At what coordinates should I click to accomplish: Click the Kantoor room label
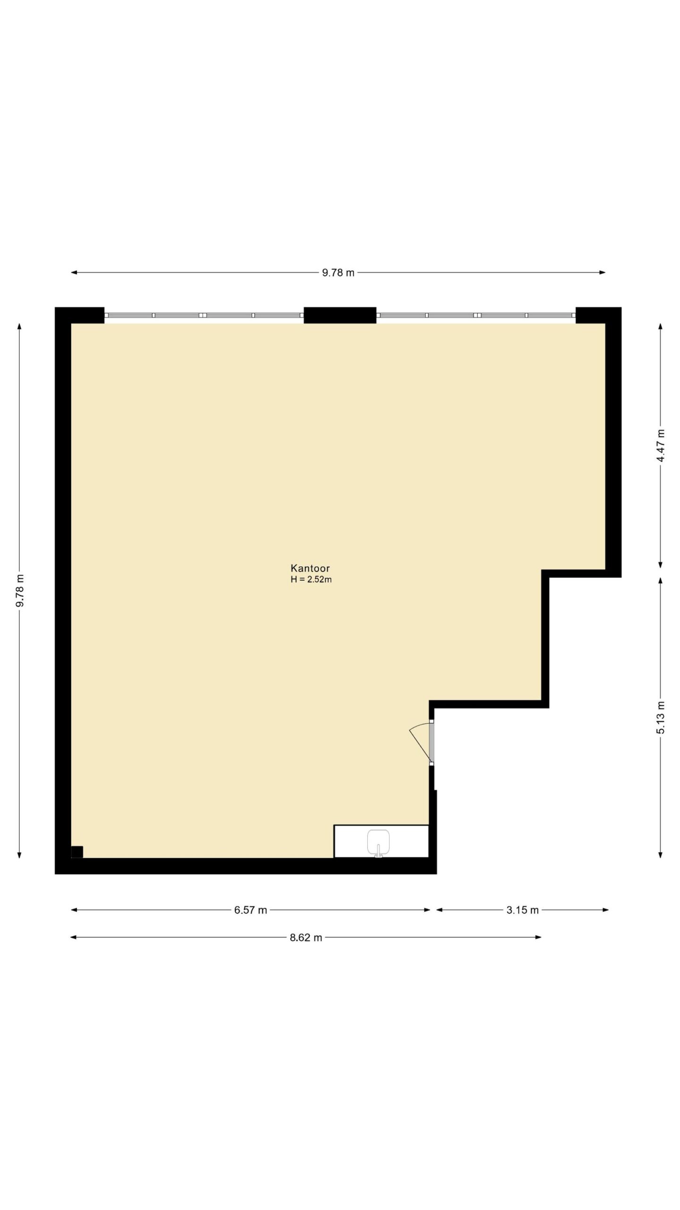point(310,568)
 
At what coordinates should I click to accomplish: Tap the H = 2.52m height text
point(311,579)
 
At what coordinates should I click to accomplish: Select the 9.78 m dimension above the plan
point(338,273)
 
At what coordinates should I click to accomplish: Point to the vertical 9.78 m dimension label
point(19,591)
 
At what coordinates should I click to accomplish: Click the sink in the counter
point(378,843)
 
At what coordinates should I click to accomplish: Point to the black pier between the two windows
point(340,315)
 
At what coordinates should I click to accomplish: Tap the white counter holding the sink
point(381,841)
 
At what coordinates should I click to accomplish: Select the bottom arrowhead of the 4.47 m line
point(660,565)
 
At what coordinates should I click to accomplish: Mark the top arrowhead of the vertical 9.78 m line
point(19,327)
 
